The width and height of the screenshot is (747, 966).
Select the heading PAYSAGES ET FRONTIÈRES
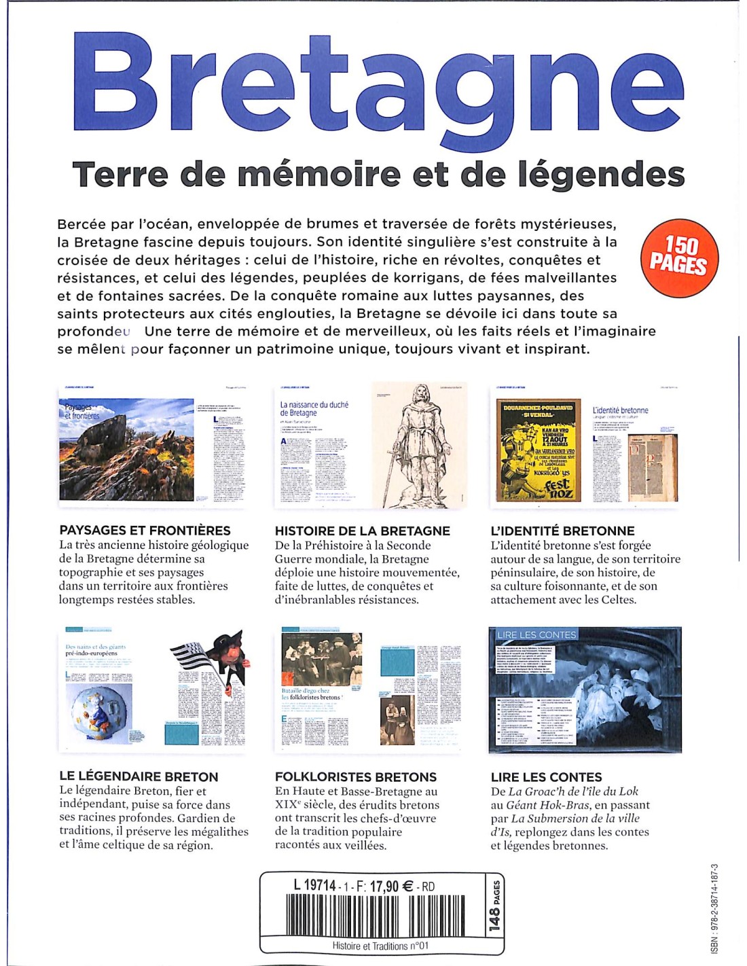click(145, 531)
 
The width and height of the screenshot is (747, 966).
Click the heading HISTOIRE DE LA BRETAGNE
click(363, 531)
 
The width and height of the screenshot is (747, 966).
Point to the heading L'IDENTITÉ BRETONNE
click(562, 531)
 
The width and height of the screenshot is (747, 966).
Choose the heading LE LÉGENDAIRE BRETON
click(139, 776)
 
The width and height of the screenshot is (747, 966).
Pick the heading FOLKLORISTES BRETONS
click(356, 776)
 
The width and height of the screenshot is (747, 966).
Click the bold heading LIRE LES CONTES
click(546, 776)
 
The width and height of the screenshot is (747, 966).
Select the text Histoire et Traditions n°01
click(380, 946)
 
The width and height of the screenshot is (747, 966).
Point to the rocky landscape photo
click(126, 450)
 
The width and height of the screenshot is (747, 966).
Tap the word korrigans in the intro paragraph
click(439, 278)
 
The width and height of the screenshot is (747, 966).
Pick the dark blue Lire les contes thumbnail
click(585, 690)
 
